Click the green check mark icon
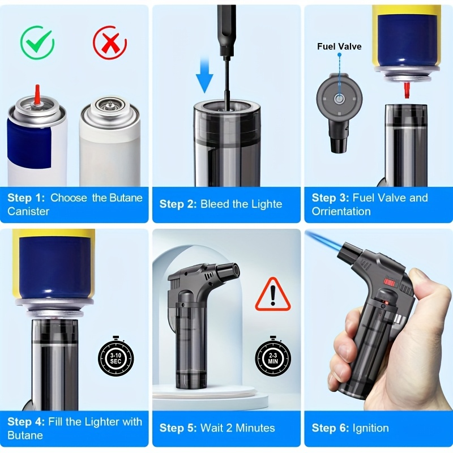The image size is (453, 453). [x=37, y=42]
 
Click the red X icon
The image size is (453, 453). [x=110, y=42]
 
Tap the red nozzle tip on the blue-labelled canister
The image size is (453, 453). [x=37, y=94]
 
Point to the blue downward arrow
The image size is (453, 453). [x=204, y=74]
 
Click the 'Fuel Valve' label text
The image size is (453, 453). [x=339, y=46]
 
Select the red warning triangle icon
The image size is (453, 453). [x=273, y=294]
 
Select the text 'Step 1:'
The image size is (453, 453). [x=26, y=198]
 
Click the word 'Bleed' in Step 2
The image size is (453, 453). [x=215, y=204]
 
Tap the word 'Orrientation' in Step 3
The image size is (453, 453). [x=341, y=211]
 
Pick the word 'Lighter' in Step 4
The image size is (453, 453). [x=100, y=422]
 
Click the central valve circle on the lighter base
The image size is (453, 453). [x=339, y=99]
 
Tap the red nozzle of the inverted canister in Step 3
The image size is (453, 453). [x=407, y=89]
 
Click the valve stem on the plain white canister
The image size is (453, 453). [x=109, y=104]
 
